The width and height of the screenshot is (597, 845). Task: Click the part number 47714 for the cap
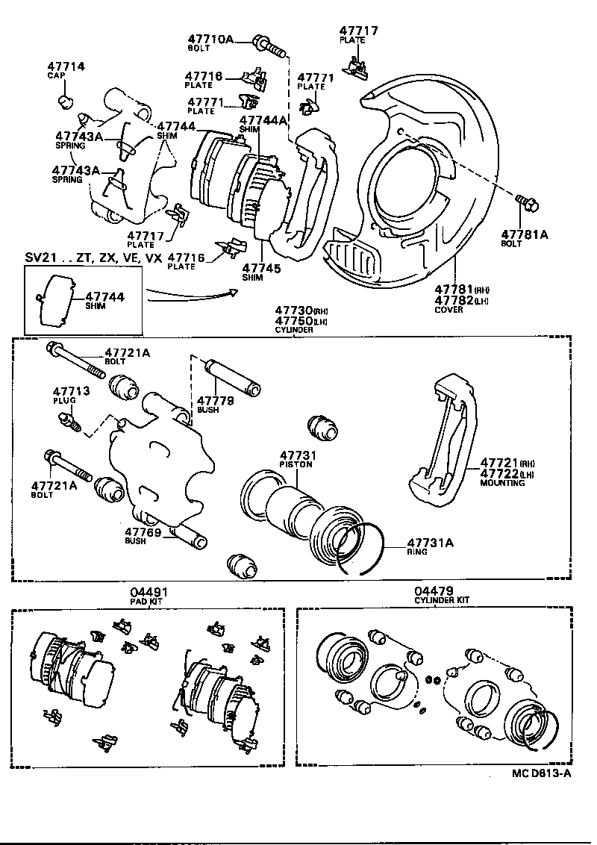66,66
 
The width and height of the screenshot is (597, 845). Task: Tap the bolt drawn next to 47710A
269,46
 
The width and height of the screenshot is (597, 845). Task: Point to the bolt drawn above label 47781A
525,201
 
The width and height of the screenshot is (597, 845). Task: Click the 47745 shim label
260,267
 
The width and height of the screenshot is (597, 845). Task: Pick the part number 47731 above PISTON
298,455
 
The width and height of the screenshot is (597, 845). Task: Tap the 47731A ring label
430,543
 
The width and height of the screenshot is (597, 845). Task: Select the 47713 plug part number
70,390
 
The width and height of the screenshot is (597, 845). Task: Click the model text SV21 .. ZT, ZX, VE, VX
93,258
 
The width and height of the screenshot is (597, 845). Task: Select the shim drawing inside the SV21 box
53,300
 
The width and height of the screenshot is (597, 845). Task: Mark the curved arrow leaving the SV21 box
191,296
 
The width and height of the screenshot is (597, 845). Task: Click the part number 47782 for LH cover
454,300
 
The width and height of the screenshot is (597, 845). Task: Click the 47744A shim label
263,120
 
